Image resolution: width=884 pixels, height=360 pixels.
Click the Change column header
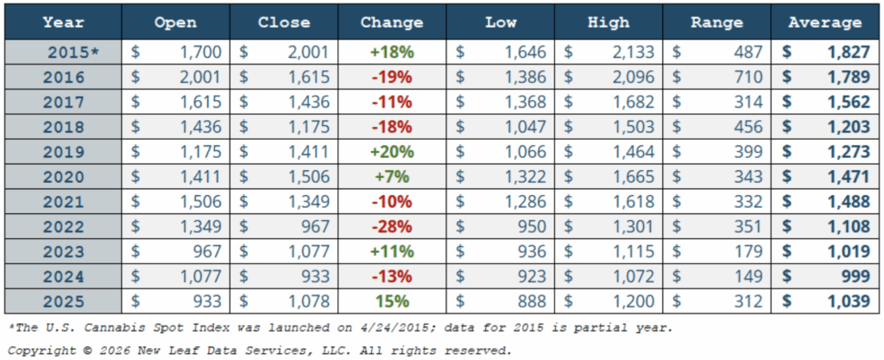click(x=391, y=22)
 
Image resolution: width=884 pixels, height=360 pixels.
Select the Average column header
click(x=825, y=22)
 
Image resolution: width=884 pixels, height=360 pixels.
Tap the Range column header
click(x=717, y=22)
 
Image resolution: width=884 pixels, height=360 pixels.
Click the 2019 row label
click(x=65, y=152)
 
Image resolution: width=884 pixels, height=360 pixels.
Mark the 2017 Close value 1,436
click(x=309, y=102)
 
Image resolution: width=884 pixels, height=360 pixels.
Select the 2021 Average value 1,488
click(x=842, y=202)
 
